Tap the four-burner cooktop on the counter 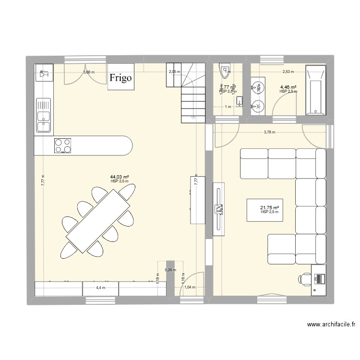(63, 145)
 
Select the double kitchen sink (44, 115)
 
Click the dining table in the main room (98, 220)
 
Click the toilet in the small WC (224, 72)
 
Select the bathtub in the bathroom (315, 90)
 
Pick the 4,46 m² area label (288, 87)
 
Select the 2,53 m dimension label (288, 72)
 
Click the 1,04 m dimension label (190, 287)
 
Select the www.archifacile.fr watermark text (331, 324)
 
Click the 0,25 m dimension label (170, 270)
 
